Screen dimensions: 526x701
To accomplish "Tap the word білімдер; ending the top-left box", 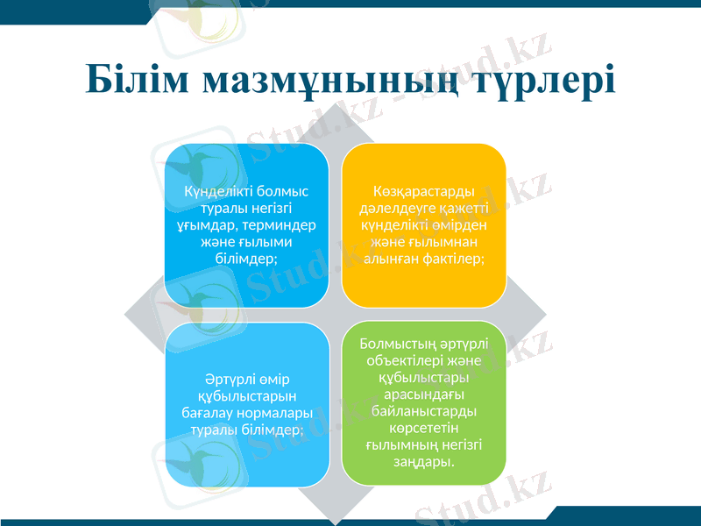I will (246, 259).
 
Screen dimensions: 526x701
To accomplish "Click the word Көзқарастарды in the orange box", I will (422, 192).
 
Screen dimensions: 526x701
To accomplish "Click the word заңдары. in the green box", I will (423, 461).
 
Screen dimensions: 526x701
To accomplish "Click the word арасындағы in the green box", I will (423, 394).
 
